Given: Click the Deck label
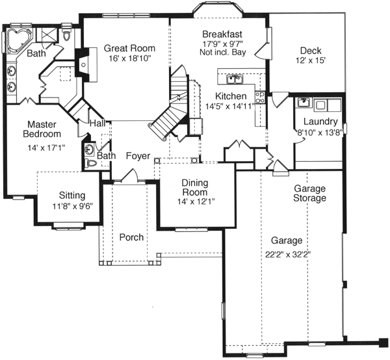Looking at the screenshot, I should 311,51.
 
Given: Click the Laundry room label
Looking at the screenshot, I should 320,122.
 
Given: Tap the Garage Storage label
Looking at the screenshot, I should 309,193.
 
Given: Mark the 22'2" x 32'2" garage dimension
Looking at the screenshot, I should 285,254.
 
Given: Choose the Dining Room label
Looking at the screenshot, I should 194,187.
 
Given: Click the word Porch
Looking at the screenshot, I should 131,238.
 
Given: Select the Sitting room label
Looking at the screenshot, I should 71,195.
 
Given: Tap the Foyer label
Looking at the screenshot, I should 138,157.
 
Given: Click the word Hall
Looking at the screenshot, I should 98,123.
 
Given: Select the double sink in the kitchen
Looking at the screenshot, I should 234,80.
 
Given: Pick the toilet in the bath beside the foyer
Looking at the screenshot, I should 92,163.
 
